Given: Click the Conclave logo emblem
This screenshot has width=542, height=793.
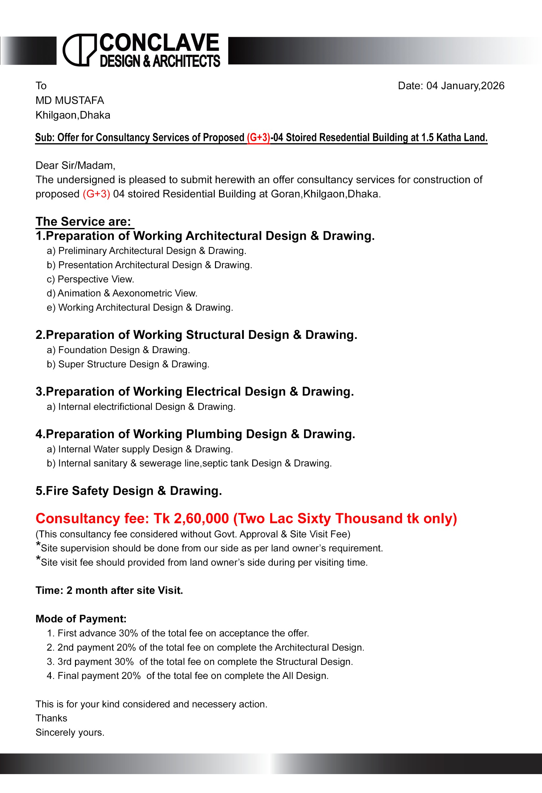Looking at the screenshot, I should [80, 50].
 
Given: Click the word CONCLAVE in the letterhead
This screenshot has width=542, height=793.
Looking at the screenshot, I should [159, 43].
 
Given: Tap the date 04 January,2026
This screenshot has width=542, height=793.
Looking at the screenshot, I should [465, 85].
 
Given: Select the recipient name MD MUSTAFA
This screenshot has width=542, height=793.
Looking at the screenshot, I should [70, 100].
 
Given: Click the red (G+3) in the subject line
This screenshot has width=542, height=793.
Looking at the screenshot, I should [258, 138].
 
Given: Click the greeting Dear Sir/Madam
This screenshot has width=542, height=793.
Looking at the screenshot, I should [75, 165].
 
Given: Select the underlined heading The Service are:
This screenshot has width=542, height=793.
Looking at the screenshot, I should [84, 222].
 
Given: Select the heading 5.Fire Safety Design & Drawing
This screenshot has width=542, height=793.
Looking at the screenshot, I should [129, 491].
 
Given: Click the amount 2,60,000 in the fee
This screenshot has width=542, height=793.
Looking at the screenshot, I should [201, 519].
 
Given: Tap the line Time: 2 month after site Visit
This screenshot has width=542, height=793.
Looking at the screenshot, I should [109, 591].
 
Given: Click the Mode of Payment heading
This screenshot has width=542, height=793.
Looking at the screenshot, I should [81, 619].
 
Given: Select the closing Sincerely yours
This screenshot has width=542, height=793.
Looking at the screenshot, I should [70, 733].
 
